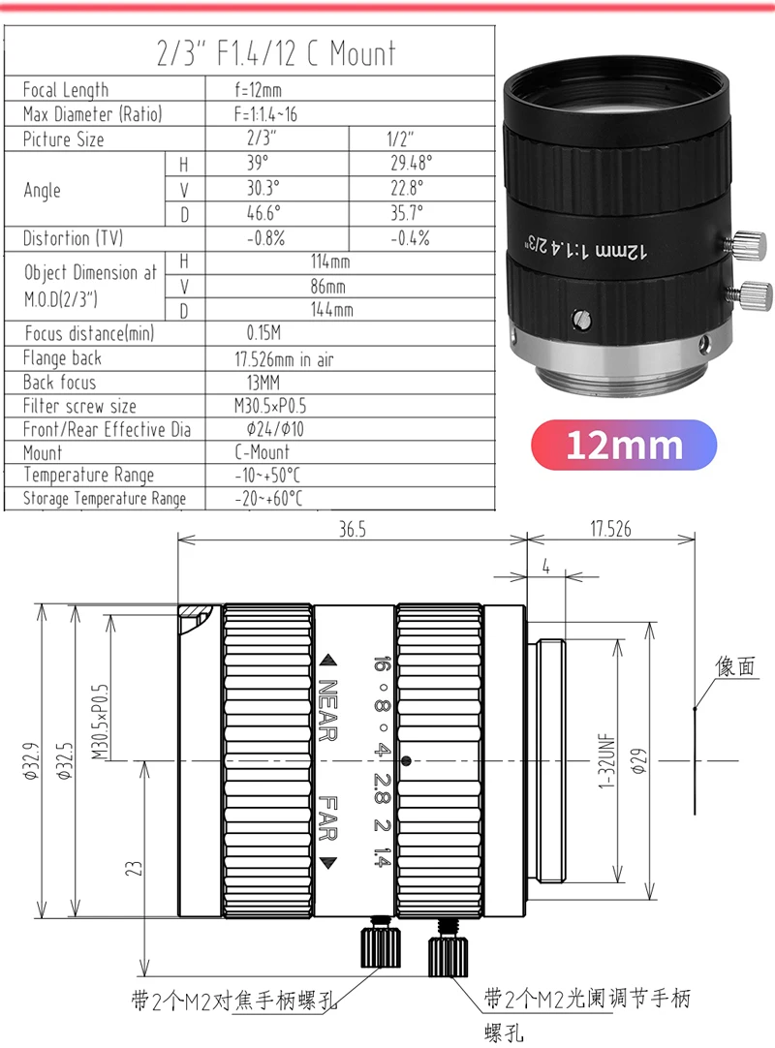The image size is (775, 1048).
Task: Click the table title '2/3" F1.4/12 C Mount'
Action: (x=276, y=53)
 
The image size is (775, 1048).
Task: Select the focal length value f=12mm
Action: (x=258, y=89)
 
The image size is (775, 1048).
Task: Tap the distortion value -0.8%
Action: (x=266, y=238)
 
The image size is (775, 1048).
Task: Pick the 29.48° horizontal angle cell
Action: (x=412, y=163)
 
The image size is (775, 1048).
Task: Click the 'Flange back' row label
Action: (x=62, y=358)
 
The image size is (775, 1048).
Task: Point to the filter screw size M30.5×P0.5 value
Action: (x=270, y=406)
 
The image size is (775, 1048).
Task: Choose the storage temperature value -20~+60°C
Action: (x=268, y=498)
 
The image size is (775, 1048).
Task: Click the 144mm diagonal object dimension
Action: (x=331, y=309)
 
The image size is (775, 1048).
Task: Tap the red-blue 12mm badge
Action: (x=624, y=445)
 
